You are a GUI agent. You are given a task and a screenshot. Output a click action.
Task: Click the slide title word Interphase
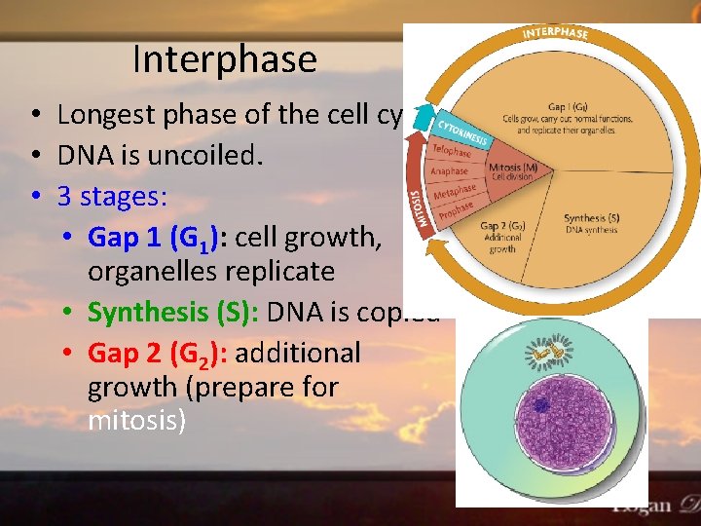pos(225,59)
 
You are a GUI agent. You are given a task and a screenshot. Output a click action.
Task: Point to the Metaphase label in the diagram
pos(456,192)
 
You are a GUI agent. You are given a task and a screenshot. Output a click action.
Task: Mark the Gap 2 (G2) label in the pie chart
pos(503,227)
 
